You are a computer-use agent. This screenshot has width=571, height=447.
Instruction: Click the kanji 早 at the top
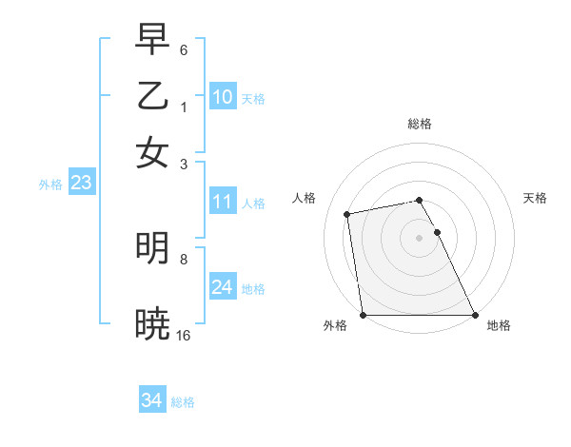pos(152,40)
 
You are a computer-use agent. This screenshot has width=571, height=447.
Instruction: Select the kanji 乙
pos(152,96)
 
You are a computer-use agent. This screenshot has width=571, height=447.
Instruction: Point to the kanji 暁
pos(152,323)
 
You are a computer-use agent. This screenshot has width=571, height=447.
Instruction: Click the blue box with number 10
pos(223,97)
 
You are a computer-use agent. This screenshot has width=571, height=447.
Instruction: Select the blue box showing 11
pos(223,202)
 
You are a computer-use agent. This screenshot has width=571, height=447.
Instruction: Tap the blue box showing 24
pos(223,287)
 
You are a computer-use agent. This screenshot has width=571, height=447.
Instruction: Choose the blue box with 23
pos(81,184)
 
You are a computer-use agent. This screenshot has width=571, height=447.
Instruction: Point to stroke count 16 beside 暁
pos(184,335)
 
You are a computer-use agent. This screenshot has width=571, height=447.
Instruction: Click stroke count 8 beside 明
pos(184,258)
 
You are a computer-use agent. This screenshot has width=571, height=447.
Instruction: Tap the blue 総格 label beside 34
pos(183,402)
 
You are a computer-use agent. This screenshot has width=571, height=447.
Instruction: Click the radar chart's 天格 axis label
pos(536,198)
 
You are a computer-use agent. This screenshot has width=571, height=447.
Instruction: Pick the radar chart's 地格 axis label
pos(499,325)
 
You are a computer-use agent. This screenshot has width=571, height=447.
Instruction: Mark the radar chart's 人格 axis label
pos(305,198)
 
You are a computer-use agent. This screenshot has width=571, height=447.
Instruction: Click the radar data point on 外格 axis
pos(363,315)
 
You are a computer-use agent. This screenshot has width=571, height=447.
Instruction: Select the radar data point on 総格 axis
pos(419,200)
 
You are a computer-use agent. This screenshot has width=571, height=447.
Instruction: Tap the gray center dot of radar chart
pos(419,238)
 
